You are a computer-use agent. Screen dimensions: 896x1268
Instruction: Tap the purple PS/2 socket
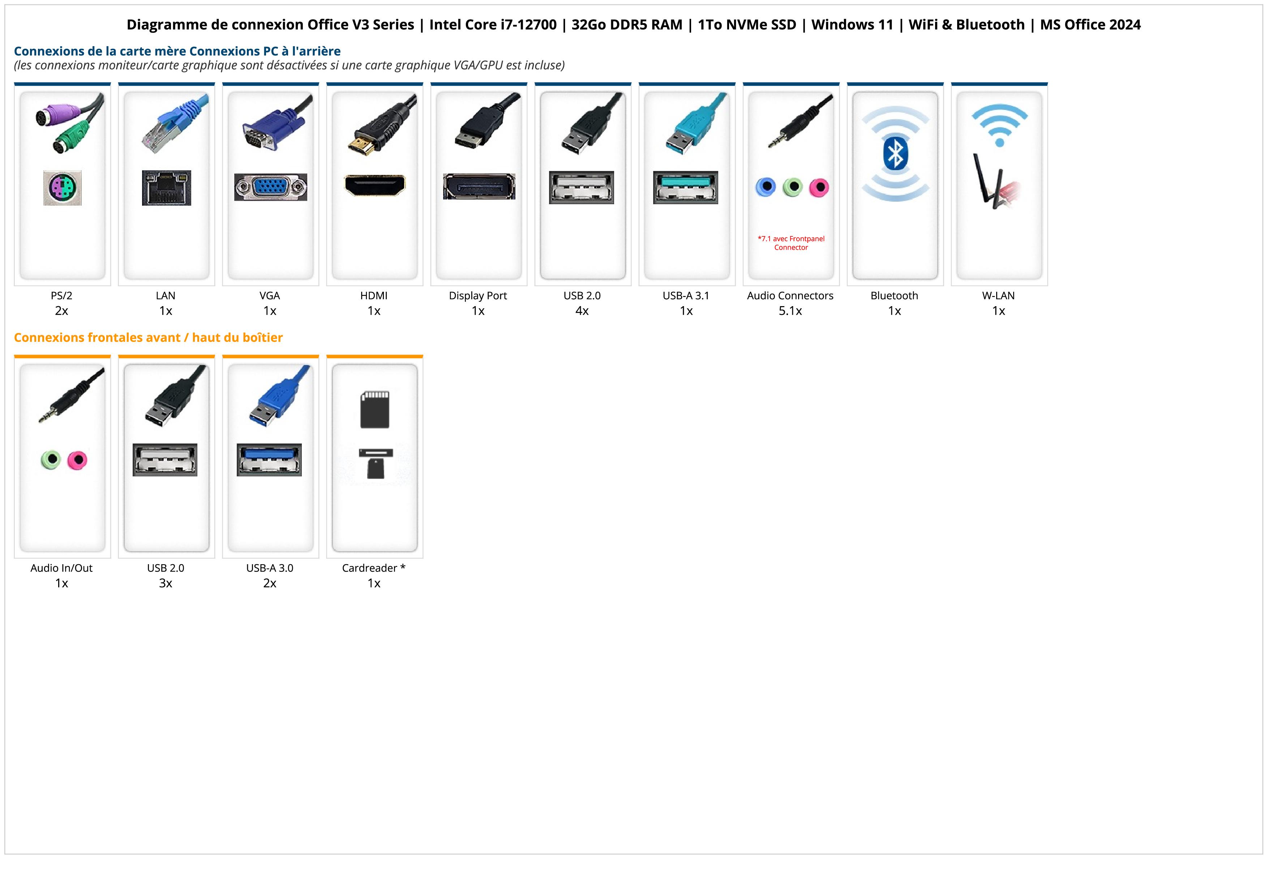point(63,188)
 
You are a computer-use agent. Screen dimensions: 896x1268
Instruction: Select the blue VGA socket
point(270,187)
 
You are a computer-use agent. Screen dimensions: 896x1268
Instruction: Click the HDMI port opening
point(374,185)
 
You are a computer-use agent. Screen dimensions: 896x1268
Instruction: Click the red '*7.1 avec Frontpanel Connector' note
point(791,243)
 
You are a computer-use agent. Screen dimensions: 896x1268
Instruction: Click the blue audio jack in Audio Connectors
point(766,187)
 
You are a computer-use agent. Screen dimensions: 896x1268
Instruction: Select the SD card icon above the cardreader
point(374,410)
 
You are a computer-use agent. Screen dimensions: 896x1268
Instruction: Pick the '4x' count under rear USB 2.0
point(582,311)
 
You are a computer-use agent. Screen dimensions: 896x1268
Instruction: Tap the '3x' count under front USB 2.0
point(166,583)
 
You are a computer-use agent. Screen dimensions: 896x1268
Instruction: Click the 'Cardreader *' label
point(374,568)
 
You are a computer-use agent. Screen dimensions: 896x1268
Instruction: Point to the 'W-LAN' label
point(998,295)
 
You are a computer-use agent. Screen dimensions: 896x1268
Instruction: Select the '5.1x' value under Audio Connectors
point(790,311)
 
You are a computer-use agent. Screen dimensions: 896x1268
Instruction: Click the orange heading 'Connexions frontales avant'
point(148,337)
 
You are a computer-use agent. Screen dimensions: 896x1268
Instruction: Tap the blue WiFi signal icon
point(999,125)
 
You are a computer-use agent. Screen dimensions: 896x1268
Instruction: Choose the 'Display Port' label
point(478,295)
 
